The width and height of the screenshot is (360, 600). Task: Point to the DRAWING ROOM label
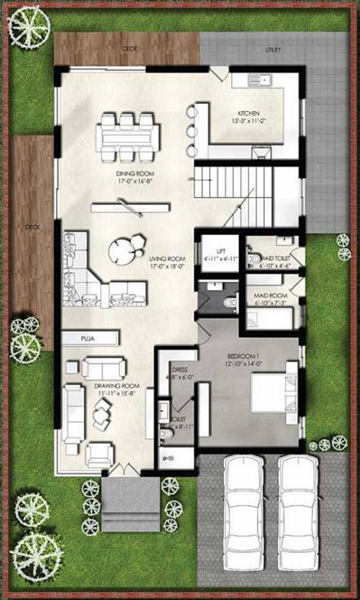pyautogui.click(x=117, y=386)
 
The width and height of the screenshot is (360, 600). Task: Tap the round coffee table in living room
pyautogui.click(x=122, y=249)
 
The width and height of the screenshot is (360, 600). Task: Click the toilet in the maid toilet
pyautogui.click(x=254, y=259)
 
